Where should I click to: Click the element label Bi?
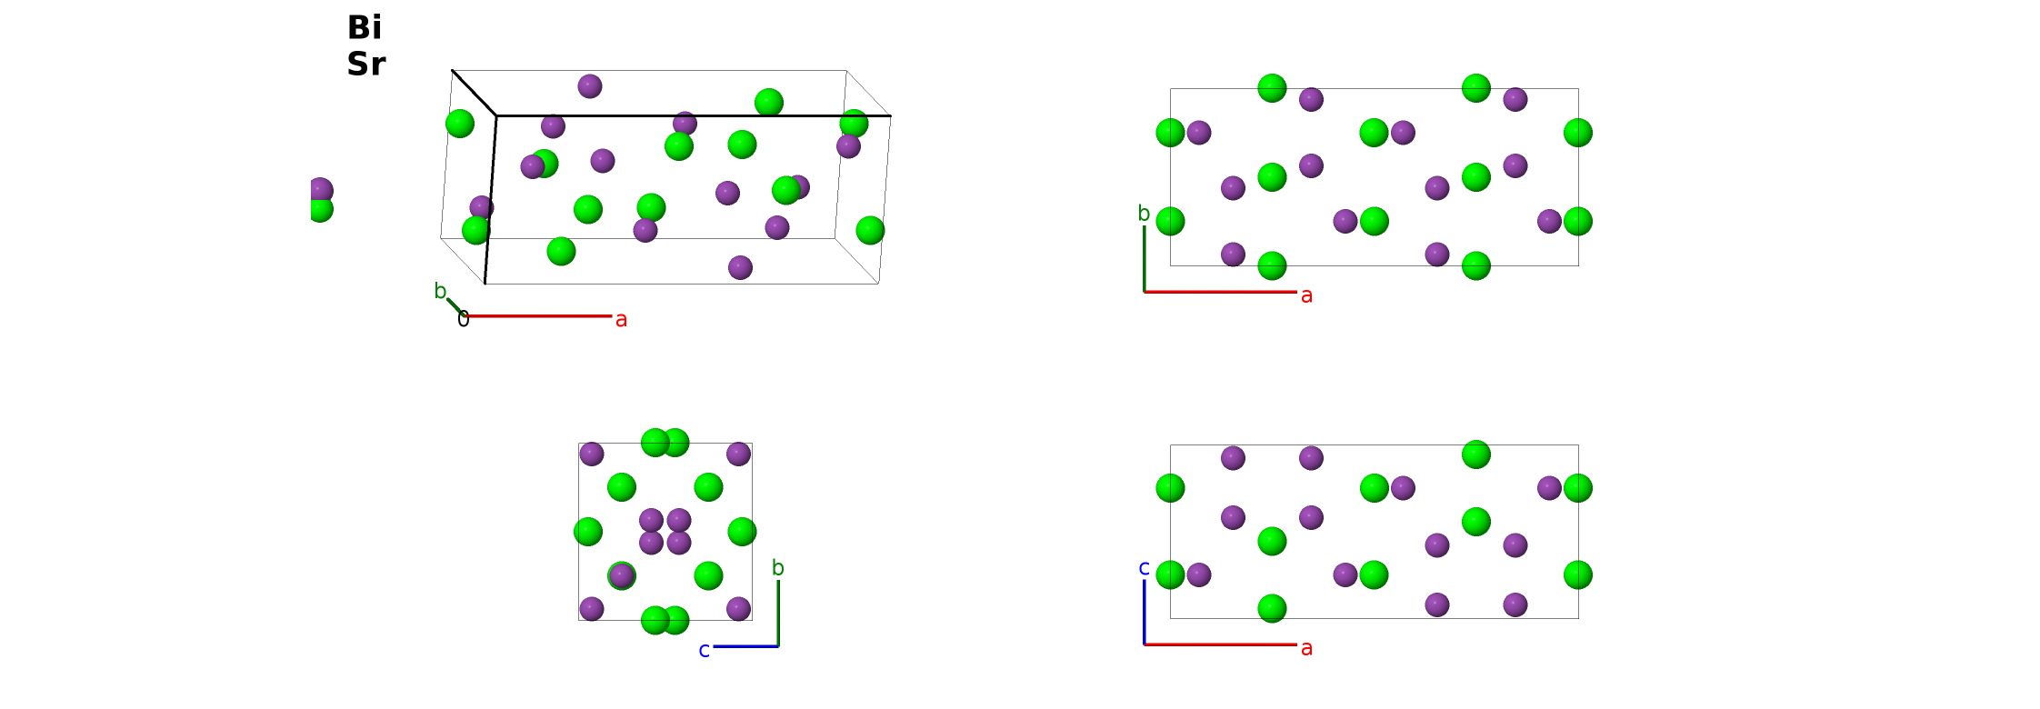365,27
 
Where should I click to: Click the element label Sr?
366,64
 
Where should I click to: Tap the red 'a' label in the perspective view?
621,319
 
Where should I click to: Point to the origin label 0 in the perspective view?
463,319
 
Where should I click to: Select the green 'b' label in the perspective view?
440,291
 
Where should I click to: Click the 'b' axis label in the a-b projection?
1144,214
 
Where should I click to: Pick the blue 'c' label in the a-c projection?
1144,568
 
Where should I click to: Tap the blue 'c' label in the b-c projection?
704,650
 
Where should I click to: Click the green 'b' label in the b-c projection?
777,568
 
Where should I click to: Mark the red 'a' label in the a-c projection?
1306,648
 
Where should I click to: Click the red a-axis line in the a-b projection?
1220,292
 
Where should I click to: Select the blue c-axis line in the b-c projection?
745,646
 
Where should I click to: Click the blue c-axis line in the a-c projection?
1144,612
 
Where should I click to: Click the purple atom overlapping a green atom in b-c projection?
621,575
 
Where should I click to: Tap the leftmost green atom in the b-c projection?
588,532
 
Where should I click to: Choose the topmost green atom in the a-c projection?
1476,454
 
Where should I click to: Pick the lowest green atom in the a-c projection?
1272,608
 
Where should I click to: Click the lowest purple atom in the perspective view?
740,267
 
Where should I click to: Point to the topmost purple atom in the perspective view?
590,86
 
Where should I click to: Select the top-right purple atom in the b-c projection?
738,454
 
